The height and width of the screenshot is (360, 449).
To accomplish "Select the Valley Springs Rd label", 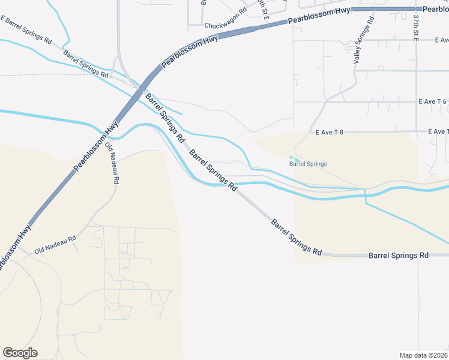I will point(364,40).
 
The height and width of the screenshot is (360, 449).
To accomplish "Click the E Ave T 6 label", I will point(432,102).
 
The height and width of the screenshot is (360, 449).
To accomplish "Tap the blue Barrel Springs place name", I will point(308,163).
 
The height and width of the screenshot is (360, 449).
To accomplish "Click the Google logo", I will point(20,353).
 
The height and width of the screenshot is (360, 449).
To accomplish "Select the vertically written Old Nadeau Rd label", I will point(112,163).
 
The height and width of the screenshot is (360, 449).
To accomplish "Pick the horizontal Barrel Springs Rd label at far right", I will point(398,255).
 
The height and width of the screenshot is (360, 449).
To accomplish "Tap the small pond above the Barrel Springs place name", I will point(294,158).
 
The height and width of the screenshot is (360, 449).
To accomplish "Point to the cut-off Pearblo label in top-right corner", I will point(435,10).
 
